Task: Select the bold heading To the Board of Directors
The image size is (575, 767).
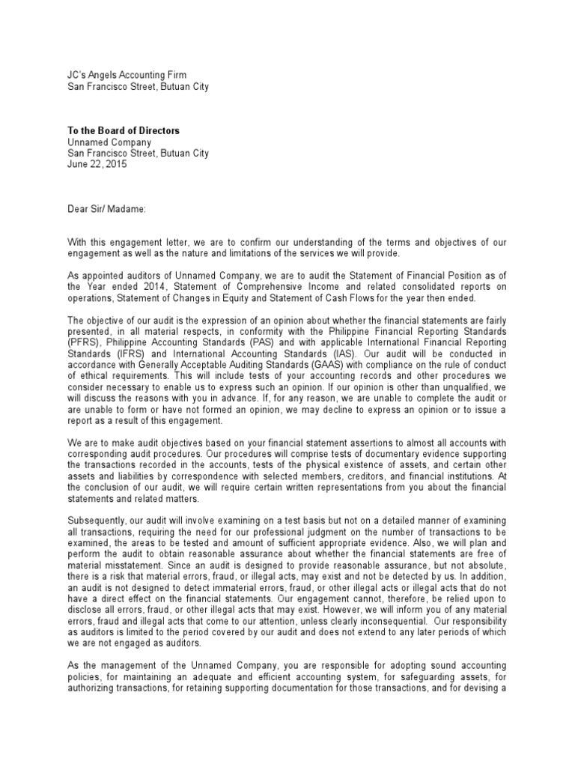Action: [124, 131]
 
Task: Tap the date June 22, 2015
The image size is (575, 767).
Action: [97, 165]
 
